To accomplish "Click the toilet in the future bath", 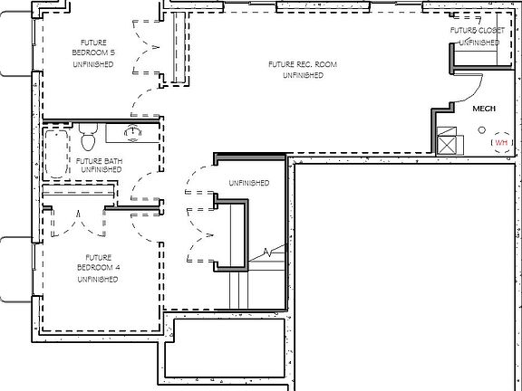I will [x=89, y=139].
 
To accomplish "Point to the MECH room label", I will [x=484, y=109].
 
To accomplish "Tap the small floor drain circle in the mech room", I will [x=481, y=131].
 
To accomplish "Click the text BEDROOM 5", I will [x=92, y=52].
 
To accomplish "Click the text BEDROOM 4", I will [x=96, y=269].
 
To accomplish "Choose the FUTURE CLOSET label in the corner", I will [x=477, y=31].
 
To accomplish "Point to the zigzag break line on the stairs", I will [x=265, y=249].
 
